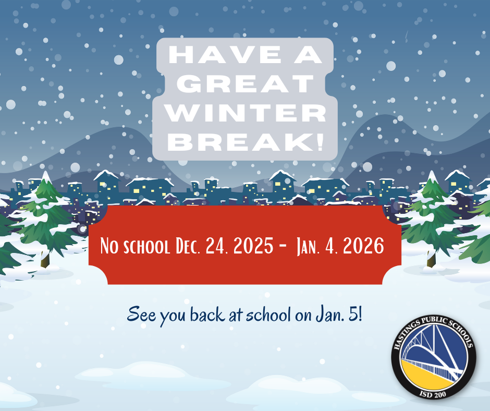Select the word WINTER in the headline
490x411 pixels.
246,113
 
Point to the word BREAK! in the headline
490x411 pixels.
246,142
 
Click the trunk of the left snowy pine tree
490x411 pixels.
45,260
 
